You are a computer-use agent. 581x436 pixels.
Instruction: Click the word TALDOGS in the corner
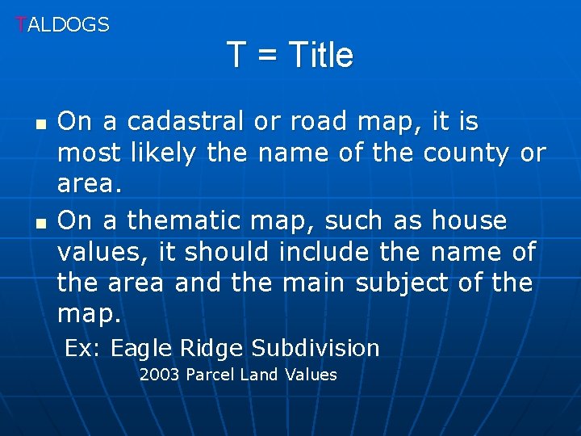tap(63, 25)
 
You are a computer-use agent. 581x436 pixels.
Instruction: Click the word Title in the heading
tap(320, 55)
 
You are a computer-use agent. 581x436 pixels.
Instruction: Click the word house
tap(470, 220)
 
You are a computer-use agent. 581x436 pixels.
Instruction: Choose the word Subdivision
tap(315, 349)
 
